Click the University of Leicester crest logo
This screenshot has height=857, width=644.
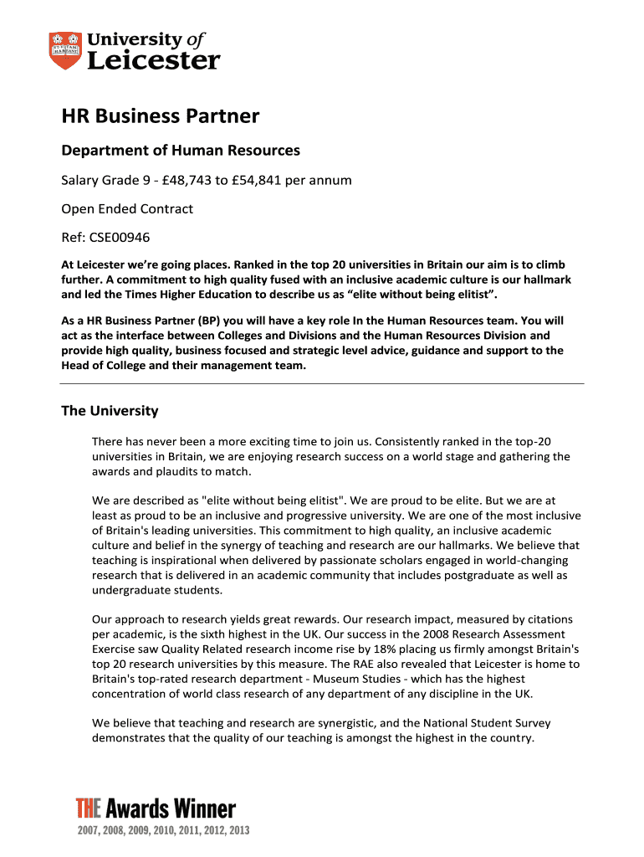click(x=66, y=50)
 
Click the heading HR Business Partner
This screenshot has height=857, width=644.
click(x=161, y=115)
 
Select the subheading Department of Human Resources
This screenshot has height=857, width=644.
click(x=181, y=151)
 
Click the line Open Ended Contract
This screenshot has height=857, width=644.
click(x=127, y=208)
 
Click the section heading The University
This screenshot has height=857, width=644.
click(x=110, y=411)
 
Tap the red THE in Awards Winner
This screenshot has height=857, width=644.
click(x=88, y=808)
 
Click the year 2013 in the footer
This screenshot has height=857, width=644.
click(x=238, y=830)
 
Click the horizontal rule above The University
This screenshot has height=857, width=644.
click(x=322, y=383)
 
